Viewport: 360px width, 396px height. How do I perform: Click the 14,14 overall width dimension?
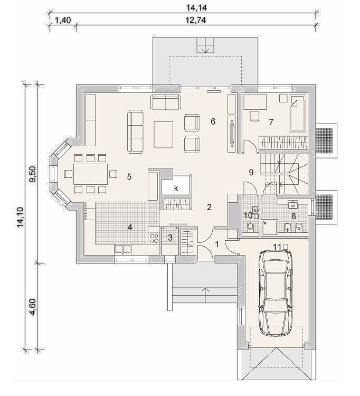point(196,7)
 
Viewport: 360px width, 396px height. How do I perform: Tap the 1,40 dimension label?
point(63,20)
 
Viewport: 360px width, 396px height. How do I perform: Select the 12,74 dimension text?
point(196,20)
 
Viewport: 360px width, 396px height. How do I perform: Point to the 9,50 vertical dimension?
point(33,174)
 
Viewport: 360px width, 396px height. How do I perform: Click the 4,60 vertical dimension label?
point(33,307)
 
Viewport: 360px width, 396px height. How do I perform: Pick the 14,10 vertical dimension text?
point(20,217)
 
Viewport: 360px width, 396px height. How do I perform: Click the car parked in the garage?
point(276,293)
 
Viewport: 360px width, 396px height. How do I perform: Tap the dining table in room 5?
point(91,174)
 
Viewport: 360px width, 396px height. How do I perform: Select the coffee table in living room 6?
point(164,135)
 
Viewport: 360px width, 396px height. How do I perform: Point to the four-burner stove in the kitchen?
point(154,238)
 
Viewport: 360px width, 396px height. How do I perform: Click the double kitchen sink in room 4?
point(122,249)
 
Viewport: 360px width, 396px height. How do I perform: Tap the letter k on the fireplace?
point(176,188)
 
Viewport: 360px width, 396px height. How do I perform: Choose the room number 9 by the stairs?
point(251,172)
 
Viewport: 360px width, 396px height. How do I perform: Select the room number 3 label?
point(170,238)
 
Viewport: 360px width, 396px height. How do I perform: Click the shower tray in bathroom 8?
point(270,228)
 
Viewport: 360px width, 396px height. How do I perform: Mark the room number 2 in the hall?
point(209,207)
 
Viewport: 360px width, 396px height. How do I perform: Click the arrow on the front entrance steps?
point(206,295)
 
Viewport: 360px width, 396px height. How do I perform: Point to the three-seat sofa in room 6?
point(136,131)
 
